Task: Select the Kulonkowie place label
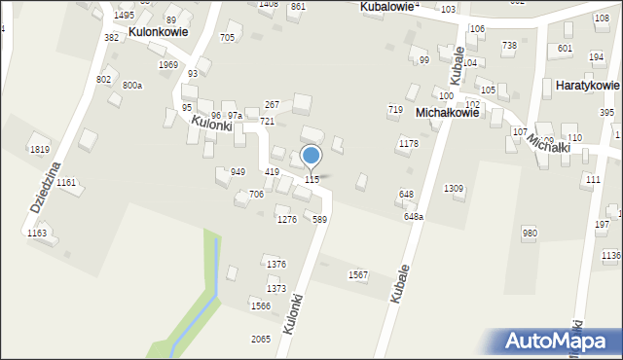[x=158, y=31]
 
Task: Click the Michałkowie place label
[x=447, y=113]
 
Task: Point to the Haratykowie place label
[x=586, y=86]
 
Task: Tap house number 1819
[x=39, y=149]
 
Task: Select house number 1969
[x=167, y=65]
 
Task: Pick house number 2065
[x=261, y=339]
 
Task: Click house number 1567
[x=358, y=275]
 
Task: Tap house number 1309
[x=454, y=188]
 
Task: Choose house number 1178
[x=408, y=144]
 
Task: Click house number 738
[x=509, y=46]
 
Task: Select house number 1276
[x=286, y=220]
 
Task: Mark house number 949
[x=238, y=172]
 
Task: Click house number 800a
[x=132, y=86]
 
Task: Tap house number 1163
[x=36, y=234]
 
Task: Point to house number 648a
[x=414, y=217]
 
